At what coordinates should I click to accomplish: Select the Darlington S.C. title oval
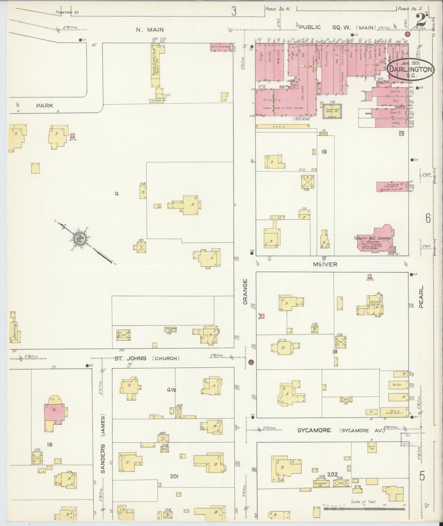point(411,70)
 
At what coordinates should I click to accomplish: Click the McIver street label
point(325,264)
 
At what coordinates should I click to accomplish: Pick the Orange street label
point(245,291)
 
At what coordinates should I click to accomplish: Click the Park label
point(45,106)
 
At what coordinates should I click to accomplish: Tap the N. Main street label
point(150,30)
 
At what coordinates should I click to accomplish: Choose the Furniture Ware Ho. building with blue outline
point(332,111)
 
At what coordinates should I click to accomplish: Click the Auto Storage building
point(220,47)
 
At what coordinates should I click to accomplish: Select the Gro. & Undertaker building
point(394,412)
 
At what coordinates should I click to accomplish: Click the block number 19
point(324,152)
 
